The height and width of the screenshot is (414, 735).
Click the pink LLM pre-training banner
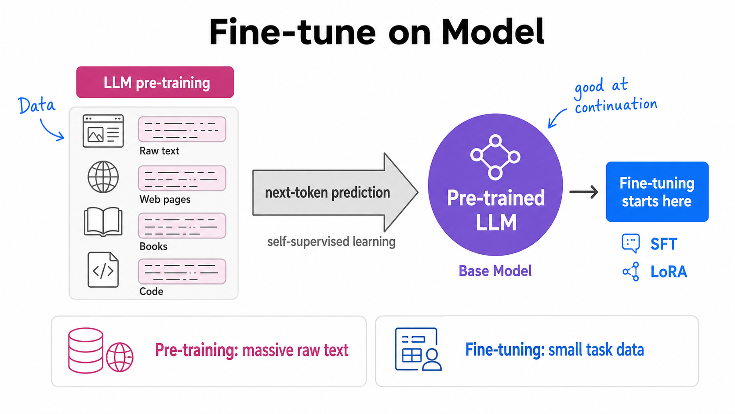(x=155, y=82)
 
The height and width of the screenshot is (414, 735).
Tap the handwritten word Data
(x=37, y=106)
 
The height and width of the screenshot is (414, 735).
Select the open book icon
(x=103, y=222)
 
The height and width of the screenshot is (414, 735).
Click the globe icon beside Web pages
(x=103, y=176)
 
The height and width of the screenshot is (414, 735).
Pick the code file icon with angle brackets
(x=103, y=270)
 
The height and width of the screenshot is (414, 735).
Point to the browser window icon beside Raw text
(x=103, y=131)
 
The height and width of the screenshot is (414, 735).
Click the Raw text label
(x=159, y=151)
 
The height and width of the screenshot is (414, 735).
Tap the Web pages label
(x=165, y=199)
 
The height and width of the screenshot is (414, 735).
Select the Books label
(x=153, y=246)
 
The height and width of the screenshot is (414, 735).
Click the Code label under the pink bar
(x=151, y=291)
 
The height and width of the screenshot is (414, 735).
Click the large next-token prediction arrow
(x=335, y=192)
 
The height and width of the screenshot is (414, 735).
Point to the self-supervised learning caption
(x=331, y=242)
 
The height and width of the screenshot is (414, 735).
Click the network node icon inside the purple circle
(x=495, y=157)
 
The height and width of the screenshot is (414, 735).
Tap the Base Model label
(x=495, y=271)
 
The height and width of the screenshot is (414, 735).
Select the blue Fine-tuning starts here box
(x=657, y=192)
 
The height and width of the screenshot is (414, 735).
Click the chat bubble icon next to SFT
(x=631, y=243)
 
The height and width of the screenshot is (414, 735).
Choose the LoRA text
(x=669, y=272)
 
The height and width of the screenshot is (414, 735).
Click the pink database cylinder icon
(x=86, y=350)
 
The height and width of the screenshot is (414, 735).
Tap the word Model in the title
(x=493, y=32)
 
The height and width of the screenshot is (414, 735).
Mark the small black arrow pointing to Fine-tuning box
(x=583, y=192)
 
